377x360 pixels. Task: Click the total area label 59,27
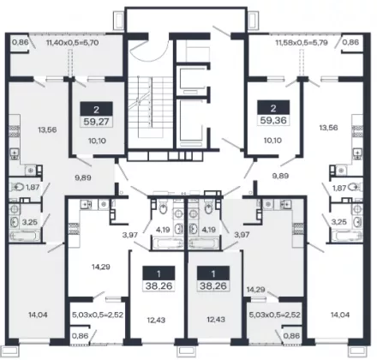click(x=96, y=122)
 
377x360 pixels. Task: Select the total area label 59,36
click(x=273, y=120)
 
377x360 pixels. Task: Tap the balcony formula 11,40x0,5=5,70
click(x=73, y=43)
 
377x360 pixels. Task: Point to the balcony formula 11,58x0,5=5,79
click(x=302, y=43)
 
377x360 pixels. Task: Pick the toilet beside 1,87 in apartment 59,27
click(x=16, y=188)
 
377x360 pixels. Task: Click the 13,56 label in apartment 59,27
click(x=47, y=130)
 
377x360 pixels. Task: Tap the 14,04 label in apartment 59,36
click(x=340, y=315)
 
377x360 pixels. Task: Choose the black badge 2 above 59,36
click(x=273, y=108)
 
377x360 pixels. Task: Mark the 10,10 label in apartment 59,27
click(x=98, y=141)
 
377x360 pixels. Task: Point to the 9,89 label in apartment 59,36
click(x=281, y=176)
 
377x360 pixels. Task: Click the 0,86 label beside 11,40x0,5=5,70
click(x=20, y=43)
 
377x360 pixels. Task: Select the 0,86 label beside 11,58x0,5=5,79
click(x=350, y=43)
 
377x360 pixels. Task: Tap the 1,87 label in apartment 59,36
click(x=339, y=188)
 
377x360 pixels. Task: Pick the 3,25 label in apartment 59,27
click(x=30, y=222)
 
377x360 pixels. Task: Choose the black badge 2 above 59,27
click(x=96, y=110)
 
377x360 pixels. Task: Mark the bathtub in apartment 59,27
click(x=23, y=236)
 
